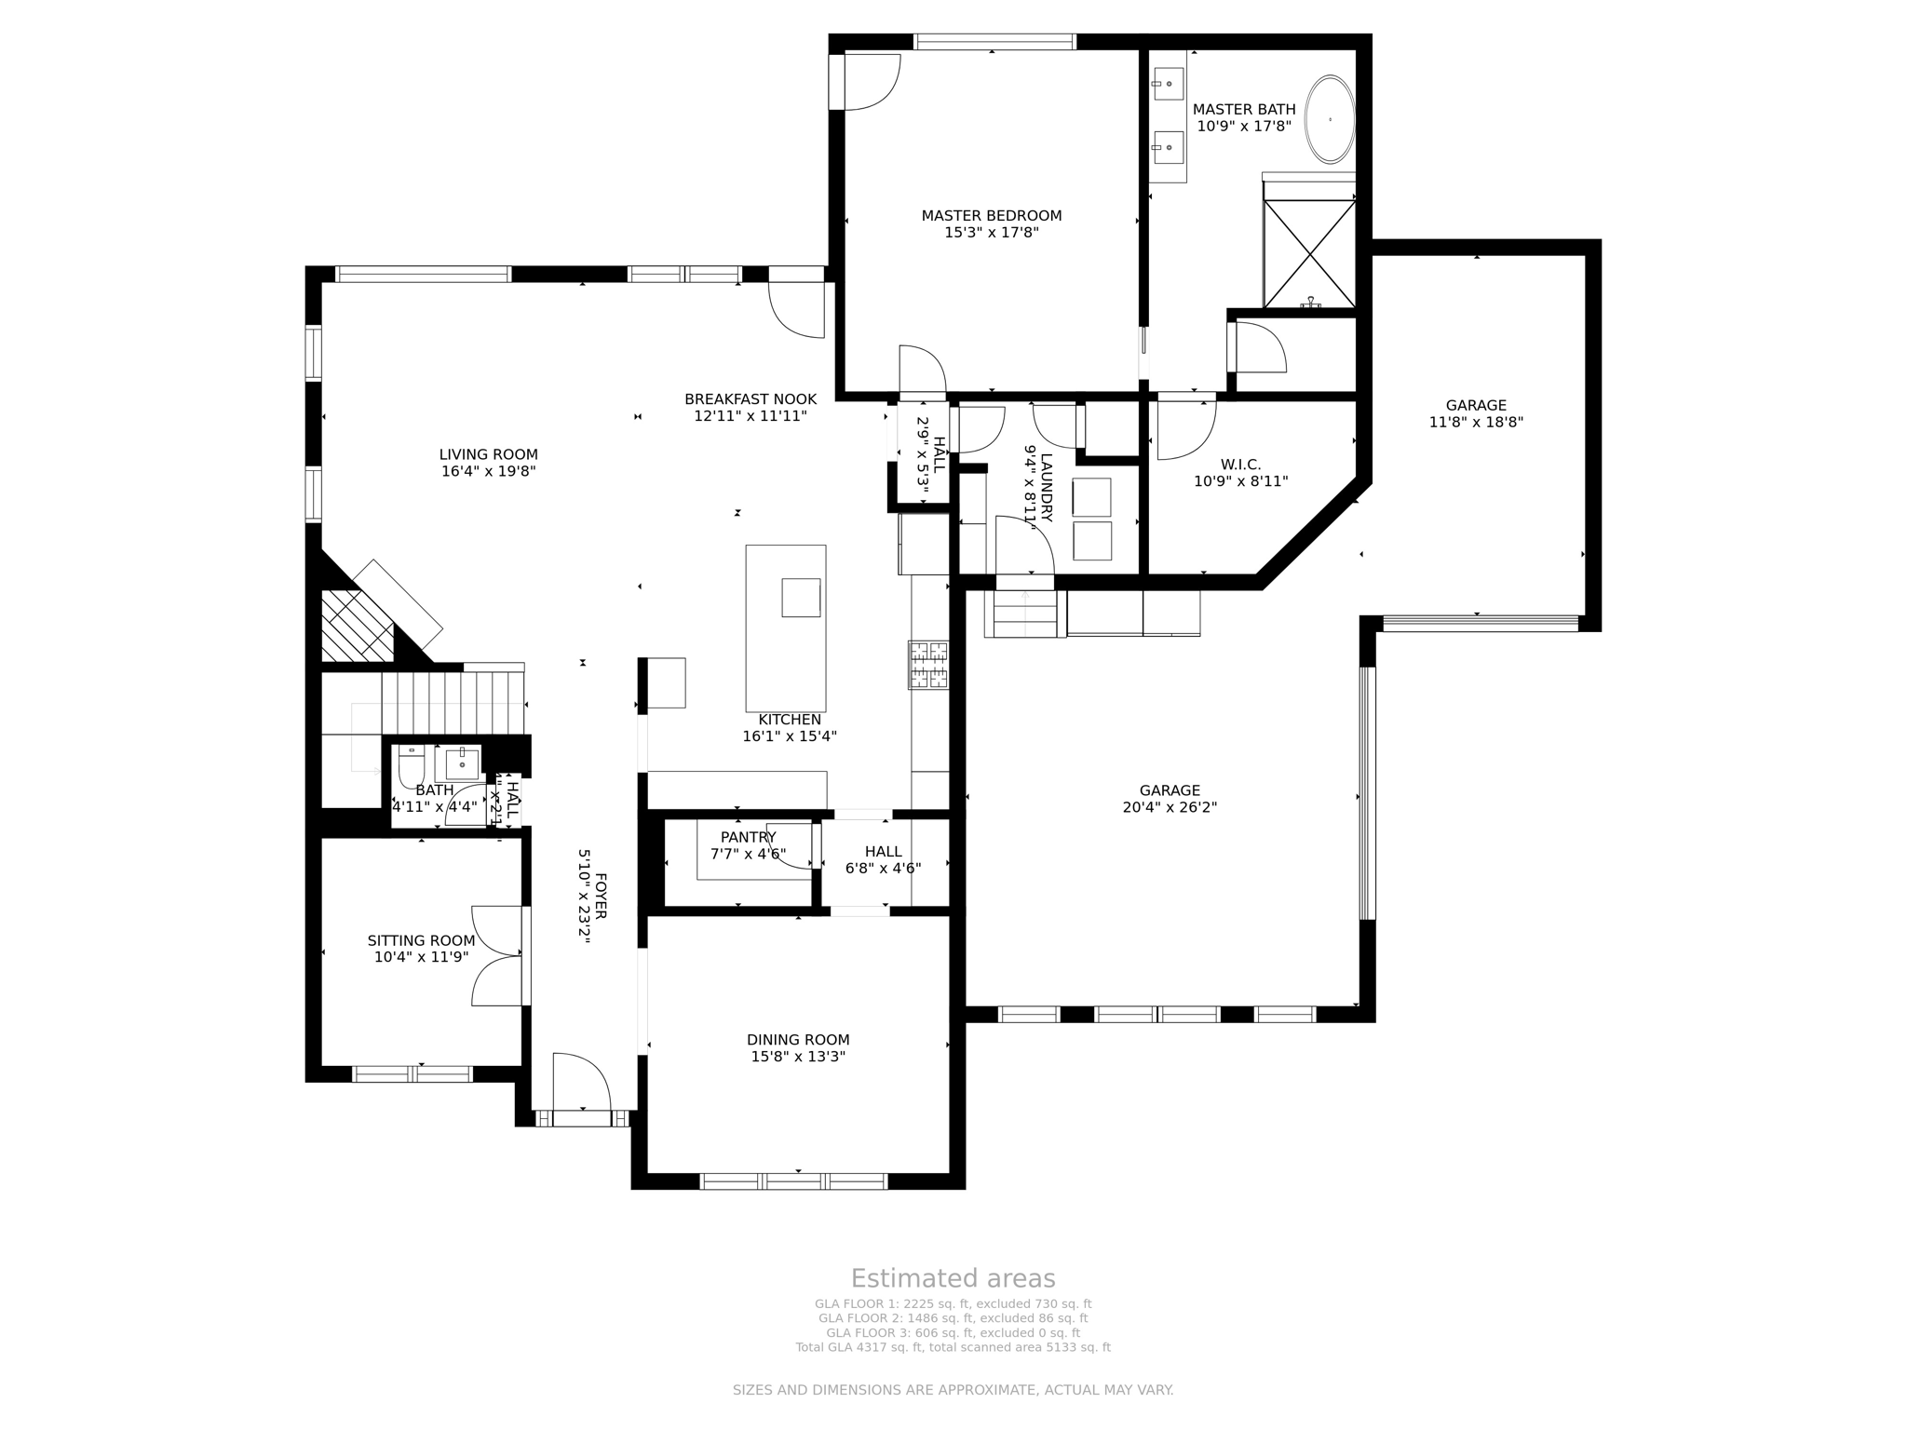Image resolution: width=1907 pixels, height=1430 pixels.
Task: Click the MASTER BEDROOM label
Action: [x=991, y=215]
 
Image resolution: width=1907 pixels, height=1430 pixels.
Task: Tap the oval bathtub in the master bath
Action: [x=1329, y=120]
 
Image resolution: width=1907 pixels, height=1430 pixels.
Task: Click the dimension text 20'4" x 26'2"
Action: [x=1170, y=807]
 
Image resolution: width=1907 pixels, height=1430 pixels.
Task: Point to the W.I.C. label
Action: [x=1240, y=465]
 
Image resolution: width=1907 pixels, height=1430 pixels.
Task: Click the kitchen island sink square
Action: [x=800, y=598]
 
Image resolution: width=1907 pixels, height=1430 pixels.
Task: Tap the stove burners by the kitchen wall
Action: [x=928, y=665]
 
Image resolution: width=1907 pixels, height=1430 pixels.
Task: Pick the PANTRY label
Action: [x=748, y=837]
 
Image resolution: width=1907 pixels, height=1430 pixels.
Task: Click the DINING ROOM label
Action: [x=798, y=1040]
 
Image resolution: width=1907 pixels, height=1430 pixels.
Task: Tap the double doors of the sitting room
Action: [x=498, y=955]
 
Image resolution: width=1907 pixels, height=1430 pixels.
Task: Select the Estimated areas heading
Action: [x=953, y=1278]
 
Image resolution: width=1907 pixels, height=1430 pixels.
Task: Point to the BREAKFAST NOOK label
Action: [x=750, y=399]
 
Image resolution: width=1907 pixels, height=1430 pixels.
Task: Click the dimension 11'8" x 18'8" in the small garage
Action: [x=1476, y=422]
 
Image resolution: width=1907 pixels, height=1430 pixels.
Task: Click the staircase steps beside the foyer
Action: [x=453, y=703]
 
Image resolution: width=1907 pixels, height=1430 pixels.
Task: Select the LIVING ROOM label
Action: [x=488, y=454]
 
